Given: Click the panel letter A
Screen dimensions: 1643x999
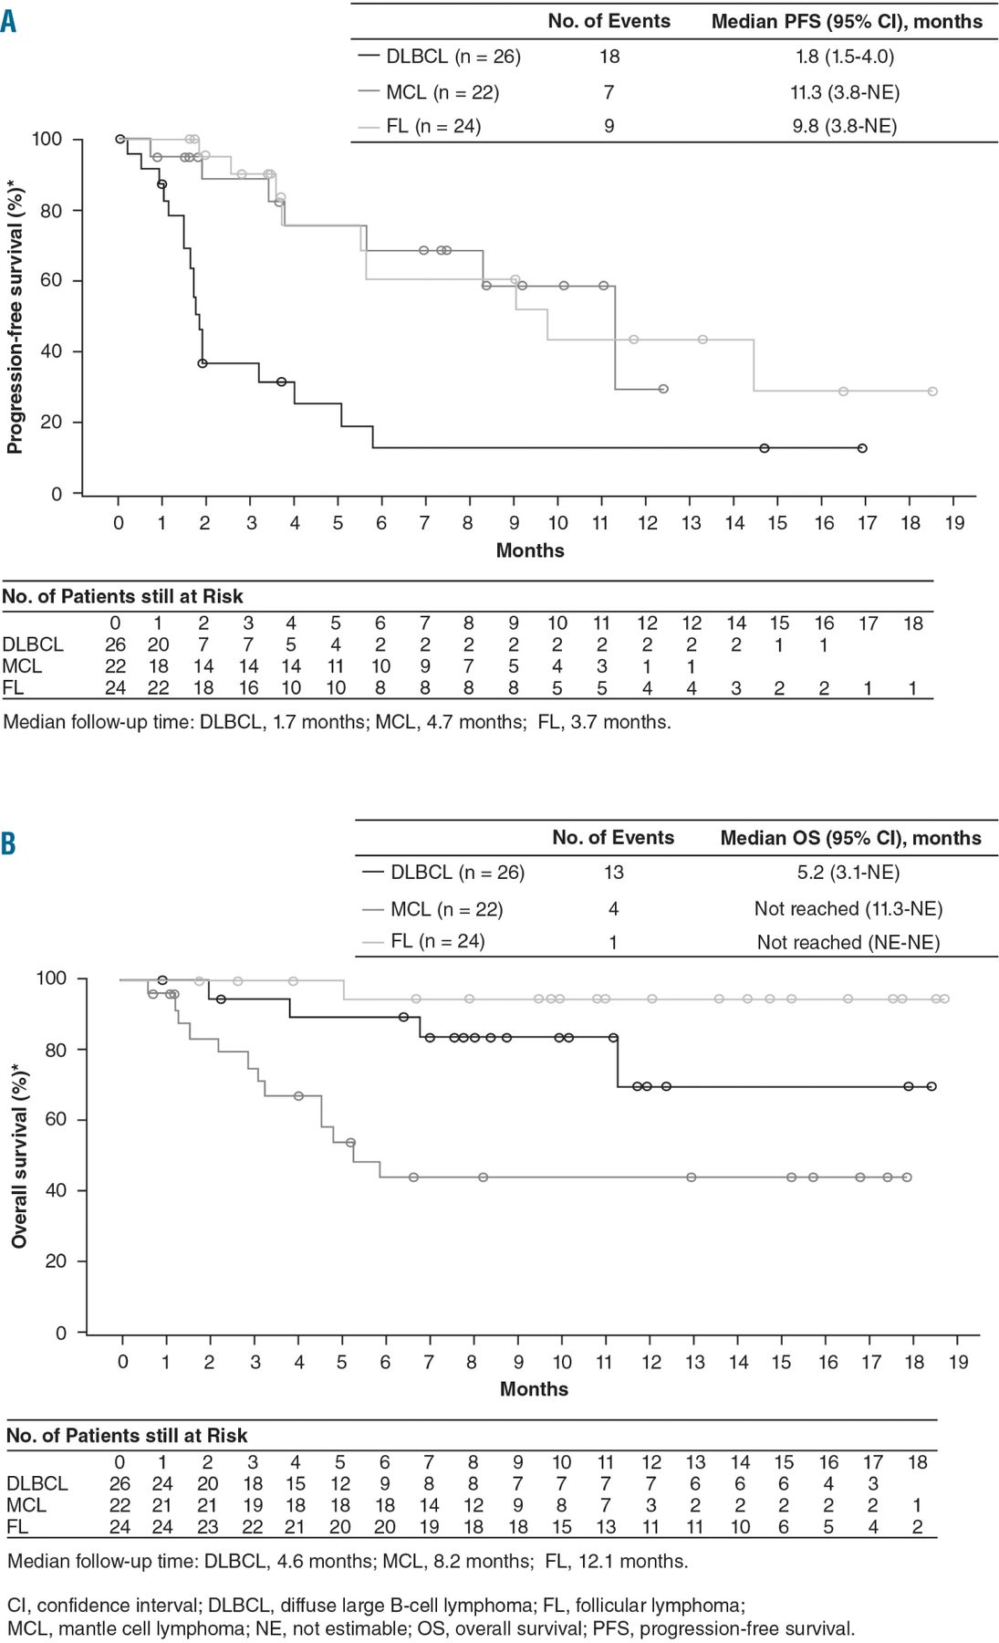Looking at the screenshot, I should point(8,21).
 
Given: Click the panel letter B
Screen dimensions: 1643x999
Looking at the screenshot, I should point(8,842).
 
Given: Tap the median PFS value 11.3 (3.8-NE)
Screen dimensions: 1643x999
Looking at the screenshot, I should point(845,92).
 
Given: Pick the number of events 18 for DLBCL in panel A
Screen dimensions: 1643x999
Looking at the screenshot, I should point(609,57).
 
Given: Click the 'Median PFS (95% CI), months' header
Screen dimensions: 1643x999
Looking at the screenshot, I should point(847,22).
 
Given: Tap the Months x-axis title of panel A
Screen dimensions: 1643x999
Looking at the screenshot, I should point(530,550).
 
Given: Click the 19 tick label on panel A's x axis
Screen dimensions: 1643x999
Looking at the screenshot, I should point(954,523).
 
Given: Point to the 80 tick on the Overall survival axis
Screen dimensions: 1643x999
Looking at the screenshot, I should point(57,1050).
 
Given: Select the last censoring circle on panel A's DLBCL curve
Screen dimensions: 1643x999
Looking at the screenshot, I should point(862,448).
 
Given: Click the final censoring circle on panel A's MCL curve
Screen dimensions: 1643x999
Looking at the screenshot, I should point(663,389).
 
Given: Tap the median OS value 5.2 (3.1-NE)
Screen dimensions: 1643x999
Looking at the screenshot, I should point(848,873).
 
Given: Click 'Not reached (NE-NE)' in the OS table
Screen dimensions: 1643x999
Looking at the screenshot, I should point(848,942).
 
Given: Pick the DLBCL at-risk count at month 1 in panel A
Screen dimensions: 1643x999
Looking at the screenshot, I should point(159,644).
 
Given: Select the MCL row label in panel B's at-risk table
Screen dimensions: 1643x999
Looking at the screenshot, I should point(26,1505).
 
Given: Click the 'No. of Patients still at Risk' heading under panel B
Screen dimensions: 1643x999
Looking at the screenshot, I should point(127,1436).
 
